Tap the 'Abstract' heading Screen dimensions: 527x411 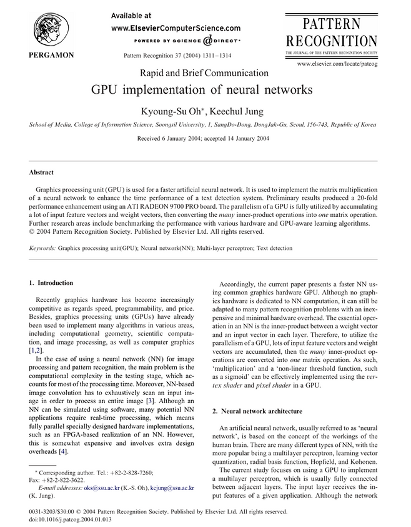click(42, 173)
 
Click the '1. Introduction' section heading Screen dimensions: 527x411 click(51, 283)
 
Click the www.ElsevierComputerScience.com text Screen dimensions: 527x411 click(176, 28)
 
